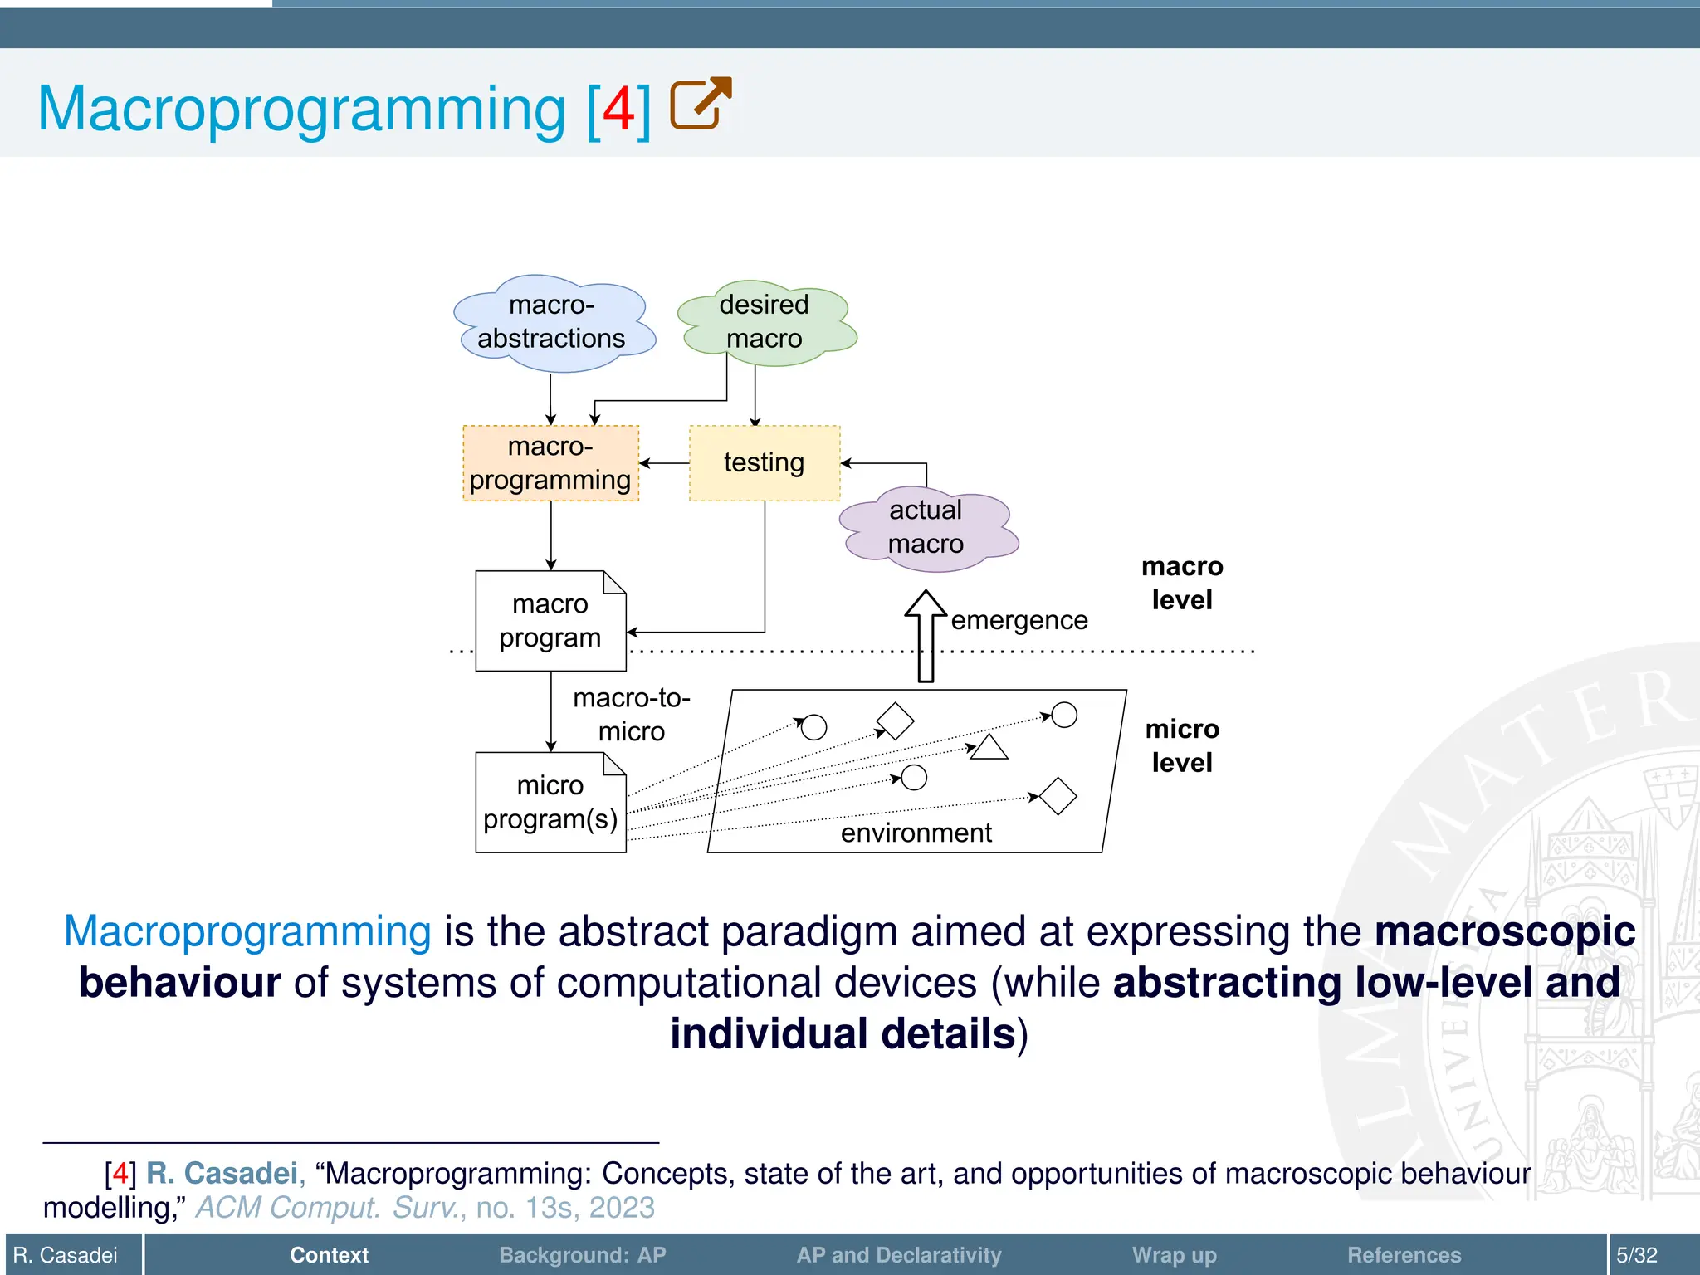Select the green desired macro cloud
click(x=765, y=322)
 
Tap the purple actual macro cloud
click(x=926, y=527)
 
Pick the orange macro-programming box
click(x=550, y=463)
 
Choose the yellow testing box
click(x=765, y=463)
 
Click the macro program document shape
click(x=550, y=621)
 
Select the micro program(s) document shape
click(x=550, y=803)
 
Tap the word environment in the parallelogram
click(x=916, y=833)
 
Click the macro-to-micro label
click(x=632, y=715)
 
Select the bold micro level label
click(x=1182, y=745)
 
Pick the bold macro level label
click(x=1182, y=583)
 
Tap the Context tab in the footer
click(x=329, y=1255)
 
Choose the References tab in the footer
click(x=1404, y=1255)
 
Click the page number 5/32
click(x=1636, y=1255)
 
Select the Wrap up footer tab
click(x=1174, y=1255)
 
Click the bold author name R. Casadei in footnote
click(x=222, y=1174)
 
